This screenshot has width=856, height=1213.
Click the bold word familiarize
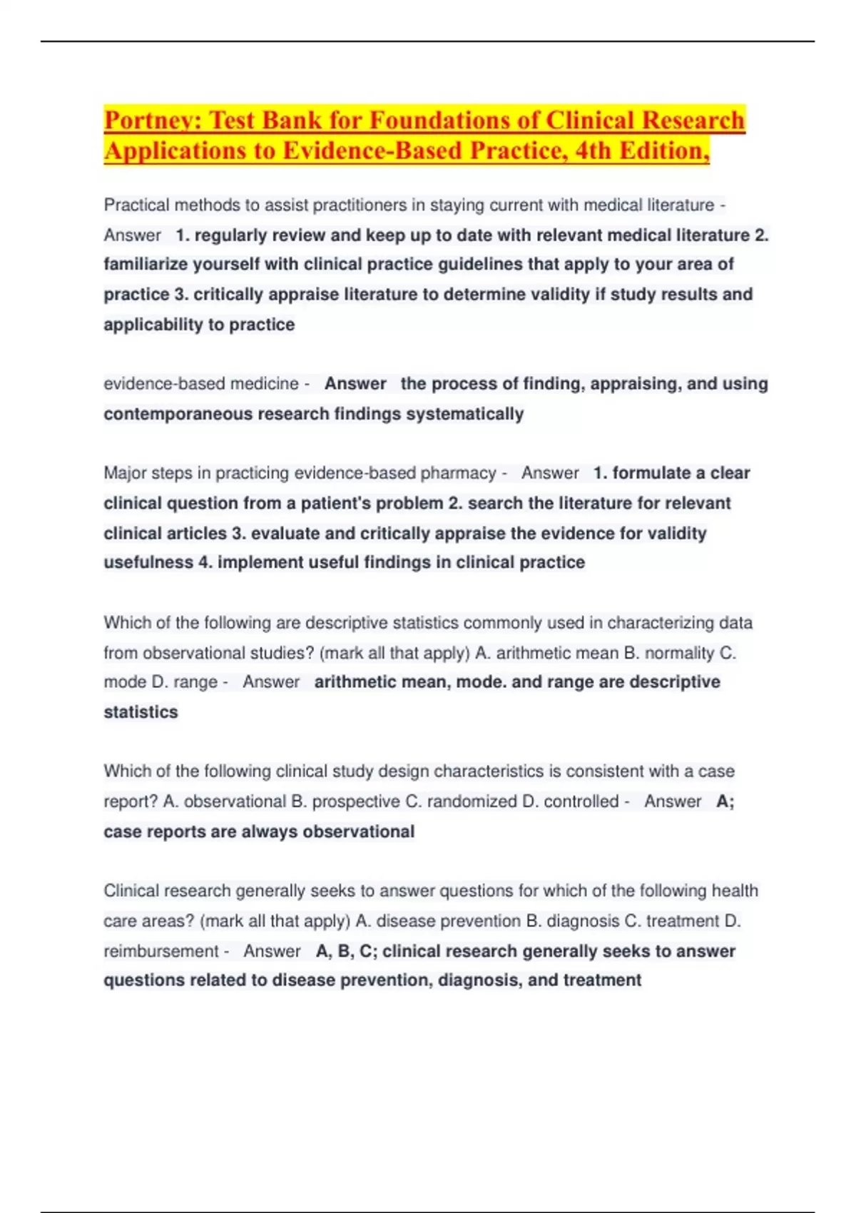146,265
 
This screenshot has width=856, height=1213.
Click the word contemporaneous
178,414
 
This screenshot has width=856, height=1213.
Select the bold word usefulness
148,562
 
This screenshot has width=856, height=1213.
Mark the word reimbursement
161,951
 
